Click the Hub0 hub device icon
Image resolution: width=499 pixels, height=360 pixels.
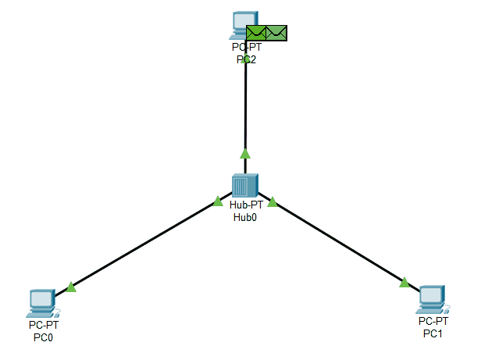coord(244,186)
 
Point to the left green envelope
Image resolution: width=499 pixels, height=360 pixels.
coord(256,33)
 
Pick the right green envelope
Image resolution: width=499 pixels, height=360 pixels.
coord(276,33)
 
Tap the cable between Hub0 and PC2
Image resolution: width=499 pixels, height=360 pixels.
coord(245,109)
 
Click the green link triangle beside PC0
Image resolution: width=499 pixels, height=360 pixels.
coord(71,287)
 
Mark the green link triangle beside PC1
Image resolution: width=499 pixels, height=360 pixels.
coord(404,282)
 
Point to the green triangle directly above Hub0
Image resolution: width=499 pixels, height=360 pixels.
coord(245,153)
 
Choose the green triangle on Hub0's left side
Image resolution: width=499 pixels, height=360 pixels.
coord(218,201)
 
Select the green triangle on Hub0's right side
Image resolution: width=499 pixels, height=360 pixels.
coord(273,202)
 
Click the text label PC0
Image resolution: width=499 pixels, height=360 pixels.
coord(43,338)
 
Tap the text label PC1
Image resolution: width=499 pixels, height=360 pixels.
coord(433,333)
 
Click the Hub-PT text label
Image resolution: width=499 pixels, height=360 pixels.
coord(245,206)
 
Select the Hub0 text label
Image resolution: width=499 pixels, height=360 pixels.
coord(245,218)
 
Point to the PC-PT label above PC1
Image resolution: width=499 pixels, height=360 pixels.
coord(433,321)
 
